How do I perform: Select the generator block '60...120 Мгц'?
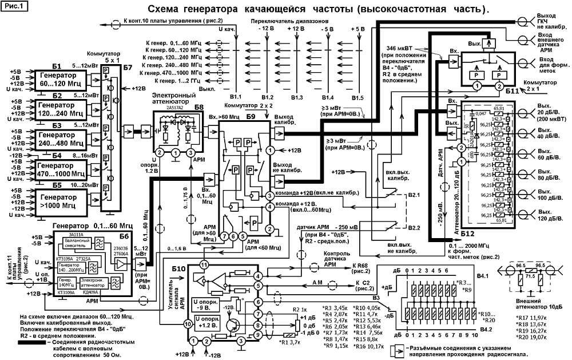pos(59,78)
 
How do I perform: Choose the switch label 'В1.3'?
pos(297,98)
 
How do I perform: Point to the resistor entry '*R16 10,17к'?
pos(370,346)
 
